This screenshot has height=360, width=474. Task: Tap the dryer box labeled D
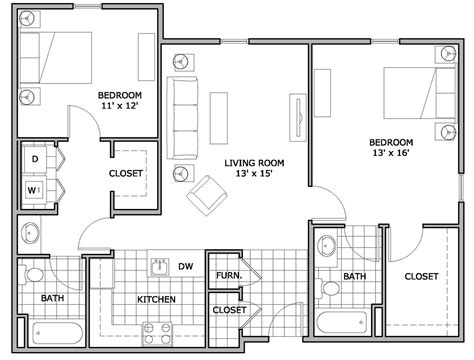33,159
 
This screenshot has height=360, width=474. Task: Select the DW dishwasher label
186,266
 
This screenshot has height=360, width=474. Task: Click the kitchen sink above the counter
158,266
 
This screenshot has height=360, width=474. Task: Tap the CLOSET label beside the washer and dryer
126,173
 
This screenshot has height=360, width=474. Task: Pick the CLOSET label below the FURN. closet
229,310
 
